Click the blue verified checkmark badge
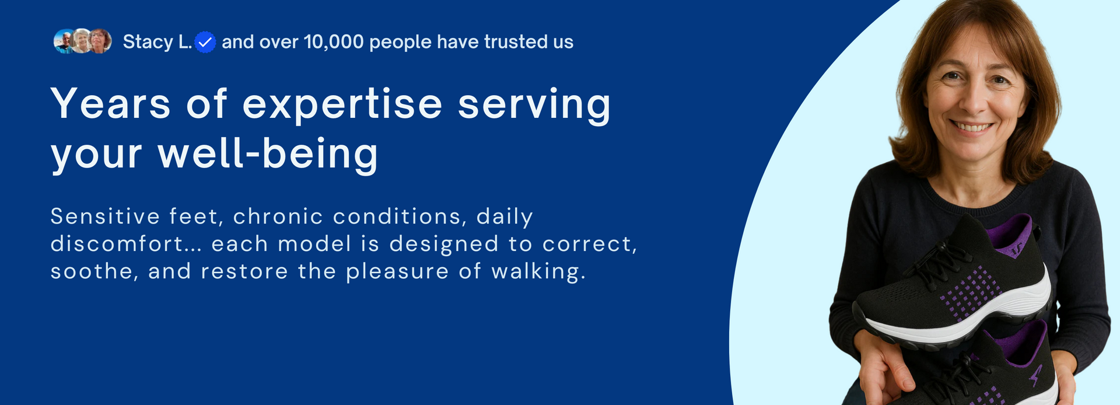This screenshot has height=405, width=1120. coord(205,42)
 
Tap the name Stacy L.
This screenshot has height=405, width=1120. coord(157,42)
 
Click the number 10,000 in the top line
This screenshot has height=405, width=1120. coord(334,42)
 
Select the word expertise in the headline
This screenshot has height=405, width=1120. coord(342,105)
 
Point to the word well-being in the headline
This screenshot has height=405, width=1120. coord(268,154)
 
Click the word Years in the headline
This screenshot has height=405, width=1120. coord(111,104)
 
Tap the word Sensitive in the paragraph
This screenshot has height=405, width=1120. coord(105,217)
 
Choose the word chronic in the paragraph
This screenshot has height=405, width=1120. coord(278,217)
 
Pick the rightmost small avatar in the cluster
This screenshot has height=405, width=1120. coord(100,41)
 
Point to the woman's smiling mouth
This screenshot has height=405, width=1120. coord(971,126)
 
